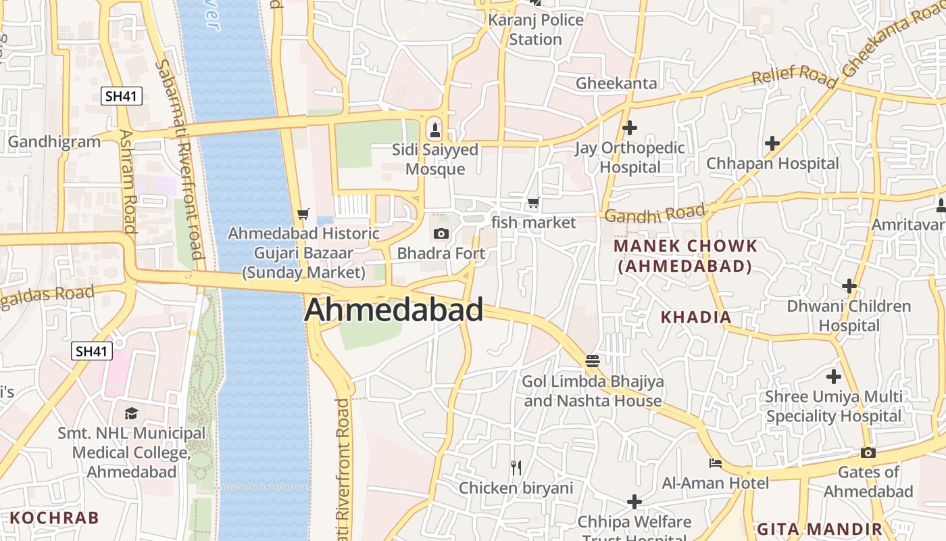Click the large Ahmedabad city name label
[394, 310]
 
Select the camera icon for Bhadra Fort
[441, 234]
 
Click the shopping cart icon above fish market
[534, 202]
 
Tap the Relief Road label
[795, 76]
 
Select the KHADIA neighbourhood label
[696, 316]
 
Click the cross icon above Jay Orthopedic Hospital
[630, 127]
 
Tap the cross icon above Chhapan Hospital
[772, 143]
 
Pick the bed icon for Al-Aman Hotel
[715, 463]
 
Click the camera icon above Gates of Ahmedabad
[868, 452]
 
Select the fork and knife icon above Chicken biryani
[516, 467]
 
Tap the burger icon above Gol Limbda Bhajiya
[593, 361]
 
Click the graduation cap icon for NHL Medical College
[131, 413]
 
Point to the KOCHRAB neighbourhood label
[55, 518]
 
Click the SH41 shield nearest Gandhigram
[122, 96]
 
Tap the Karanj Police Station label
[536, 29]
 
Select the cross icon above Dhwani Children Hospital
[849, 286]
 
